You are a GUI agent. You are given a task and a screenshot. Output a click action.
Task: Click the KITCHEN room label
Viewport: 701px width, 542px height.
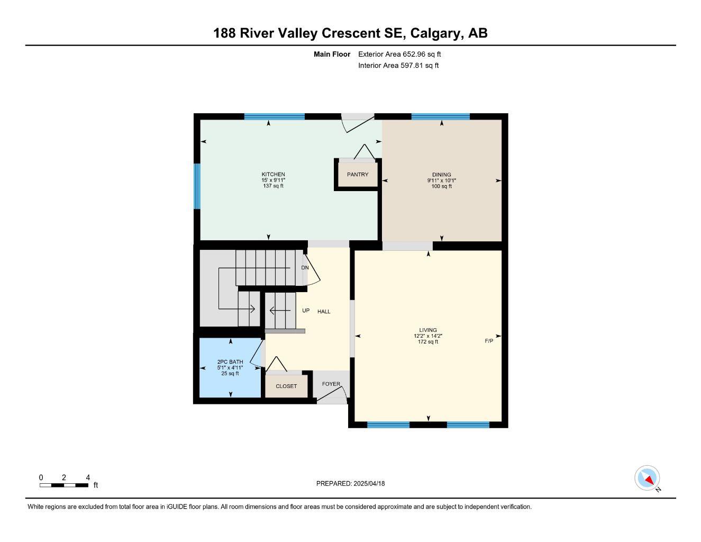click(273, 174)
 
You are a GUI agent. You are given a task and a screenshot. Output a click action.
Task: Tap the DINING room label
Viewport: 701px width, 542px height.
click(442, 175)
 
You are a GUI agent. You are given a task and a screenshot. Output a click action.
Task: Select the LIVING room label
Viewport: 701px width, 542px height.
click(428, 330)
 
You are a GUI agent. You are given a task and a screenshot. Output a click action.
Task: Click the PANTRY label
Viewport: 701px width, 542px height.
click(358, 175)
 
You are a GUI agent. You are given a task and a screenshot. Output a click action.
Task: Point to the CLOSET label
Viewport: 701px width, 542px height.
click(286, 386)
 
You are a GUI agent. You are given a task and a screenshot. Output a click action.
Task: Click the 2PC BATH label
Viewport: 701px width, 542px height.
click(230, 362)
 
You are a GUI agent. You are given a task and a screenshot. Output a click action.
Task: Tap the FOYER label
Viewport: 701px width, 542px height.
click(331, 384)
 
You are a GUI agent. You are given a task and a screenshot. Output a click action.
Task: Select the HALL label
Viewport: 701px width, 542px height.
click(324, 312)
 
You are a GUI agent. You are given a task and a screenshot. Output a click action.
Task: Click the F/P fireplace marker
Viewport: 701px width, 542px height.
click(489, 341)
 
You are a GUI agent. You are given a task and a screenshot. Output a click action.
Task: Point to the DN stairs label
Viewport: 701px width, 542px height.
click(305, 268)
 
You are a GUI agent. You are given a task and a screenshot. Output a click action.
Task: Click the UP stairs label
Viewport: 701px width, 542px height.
click(306, 311)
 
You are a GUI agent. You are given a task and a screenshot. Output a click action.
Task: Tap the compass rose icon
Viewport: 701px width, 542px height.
click(647, 478)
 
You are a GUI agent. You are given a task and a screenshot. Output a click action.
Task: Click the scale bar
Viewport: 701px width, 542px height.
click(64, 485)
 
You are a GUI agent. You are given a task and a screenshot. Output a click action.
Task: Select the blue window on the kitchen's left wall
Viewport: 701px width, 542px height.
click(197, 186)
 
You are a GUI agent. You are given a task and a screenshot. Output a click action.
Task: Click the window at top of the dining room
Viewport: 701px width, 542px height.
click(440, 116)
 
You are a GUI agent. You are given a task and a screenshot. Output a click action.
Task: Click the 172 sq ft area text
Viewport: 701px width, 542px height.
click(428, 341)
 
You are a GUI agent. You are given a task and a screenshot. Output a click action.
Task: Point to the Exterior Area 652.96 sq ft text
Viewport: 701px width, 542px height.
click(399, 54)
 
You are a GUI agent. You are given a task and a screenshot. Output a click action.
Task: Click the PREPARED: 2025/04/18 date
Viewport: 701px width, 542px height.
click(350, 484)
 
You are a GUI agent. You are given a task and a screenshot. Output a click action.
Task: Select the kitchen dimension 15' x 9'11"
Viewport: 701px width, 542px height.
click(273, 180)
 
